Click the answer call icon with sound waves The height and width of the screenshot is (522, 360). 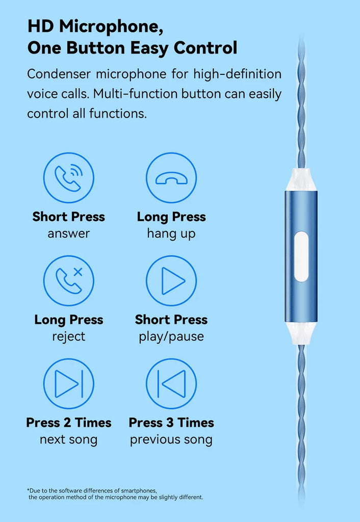[x=69, y=177]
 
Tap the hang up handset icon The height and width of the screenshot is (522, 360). [x=171, y=177]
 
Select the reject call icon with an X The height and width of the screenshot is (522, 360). [x=69, y=281]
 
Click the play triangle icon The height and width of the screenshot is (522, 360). [x=171, y=281]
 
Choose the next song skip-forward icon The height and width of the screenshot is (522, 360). [x=69, y=383]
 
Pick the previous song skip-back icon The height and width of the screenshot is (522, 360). [x=171, y=383]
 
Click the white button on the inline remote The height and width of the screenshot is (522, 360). [x=301, y=257]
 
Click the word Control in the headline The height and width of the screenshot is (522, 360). [x=205, y=48]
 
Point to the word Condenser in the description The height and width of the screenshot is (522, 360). [x=59, y=74]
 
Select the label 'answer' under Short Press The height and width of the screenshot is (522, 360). [x=69, y=233]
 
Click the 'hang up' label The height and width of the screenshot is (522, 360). [x=171, y=234]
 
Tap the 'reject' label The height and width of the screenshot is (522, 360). [x=69, y=336]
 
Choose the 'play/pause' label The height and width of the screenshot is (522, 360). [x=171, y=336]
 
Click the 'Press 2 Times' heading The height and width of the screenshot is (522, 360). [x=69, y=423]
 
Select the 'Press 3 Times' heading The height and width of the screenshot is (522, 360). [x=171, y=423]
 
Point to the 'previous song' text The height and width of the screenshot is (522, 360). [x=171, y=440]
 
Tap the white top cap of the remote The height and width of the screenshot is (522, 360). [x=301, y=180]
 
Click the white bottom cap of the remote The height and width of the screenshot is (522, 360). [x=301, y=333]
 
